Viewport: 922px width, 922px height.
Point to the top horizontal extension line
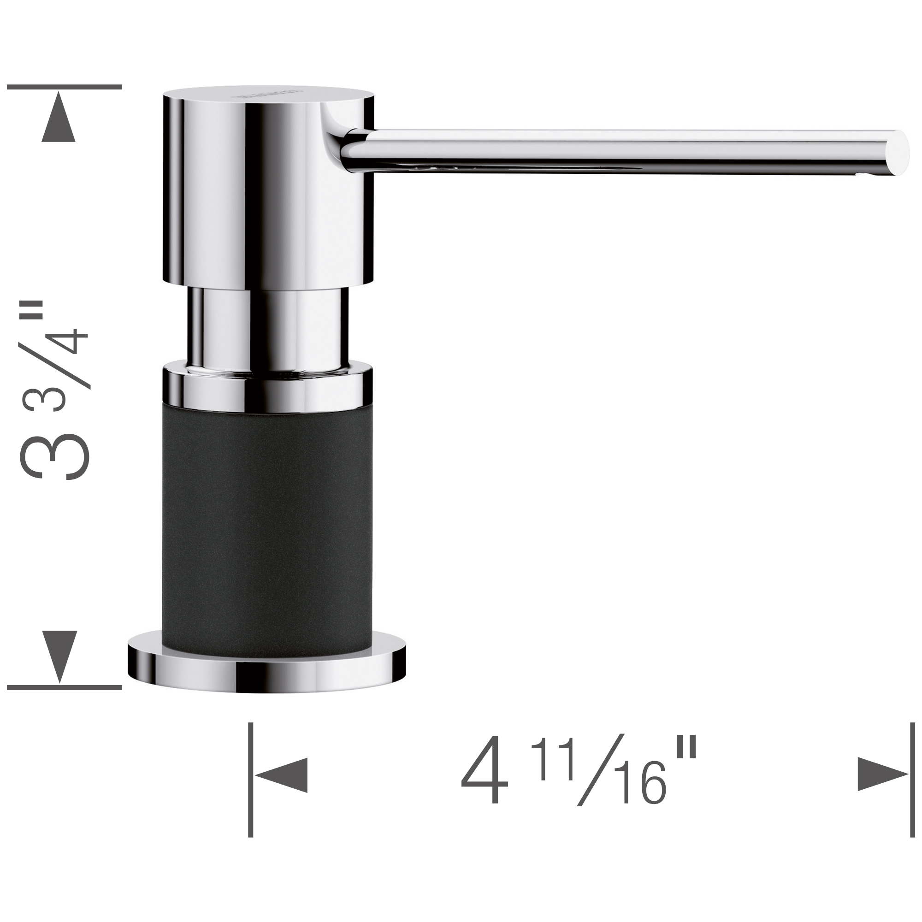(65, 87)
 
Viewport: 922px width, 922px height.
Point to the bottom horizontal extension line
(65, 687)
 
